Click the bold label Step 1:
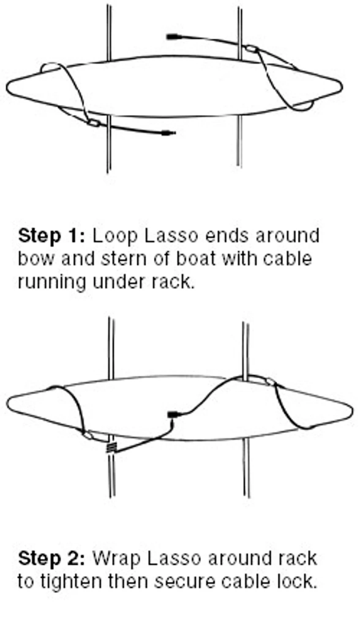(x=52, y=236)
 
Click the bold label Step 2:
(x=52, y=558)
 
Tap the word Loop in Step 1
(x=115, y=236)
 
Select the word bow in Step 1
(x=36, y=259)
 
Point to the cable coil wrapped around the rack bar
(x=112, y=448)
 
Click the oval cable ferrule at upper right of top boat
(x=251, y=49)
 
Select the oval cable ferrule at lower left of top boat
(x=93, y=123)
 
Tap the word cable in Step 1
(x=288, y=259)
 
